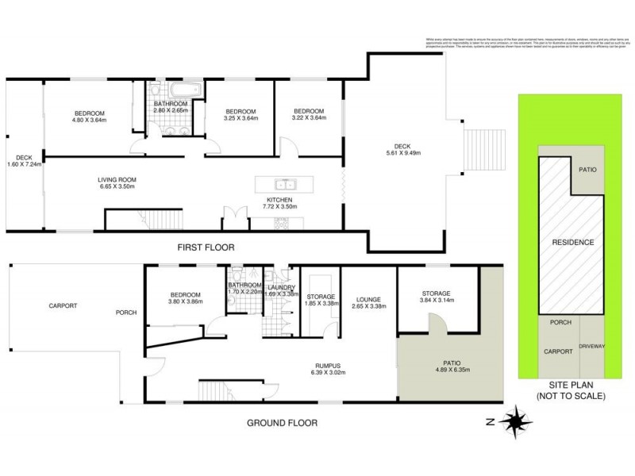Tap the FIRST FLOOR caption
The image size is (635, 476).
click(206, 248)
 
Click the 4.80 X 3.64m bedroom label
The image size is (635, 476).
click(89, 116)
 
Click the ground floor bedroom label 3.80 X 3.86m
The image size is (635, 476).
click(184, 299)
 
